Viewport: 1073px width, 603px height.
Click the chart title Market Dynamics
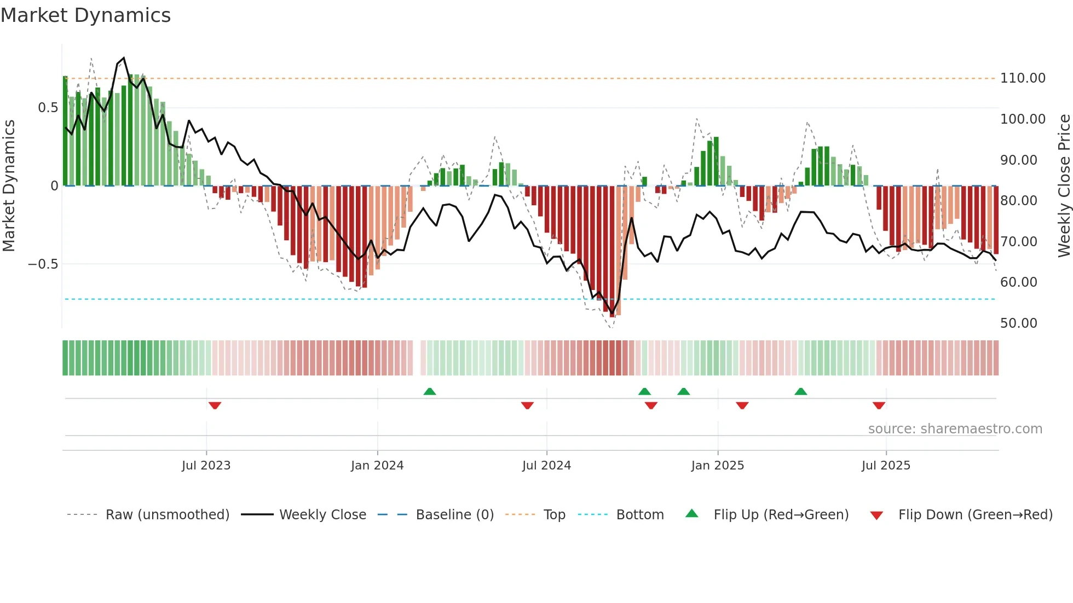[85, 15]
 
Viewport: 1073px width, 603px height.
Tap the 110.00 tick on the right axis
[1022, 78]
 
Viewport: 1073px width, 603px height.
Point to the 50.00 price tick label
[1018, 323]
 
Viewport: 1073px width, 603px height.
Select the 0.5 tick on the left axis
[48, 108]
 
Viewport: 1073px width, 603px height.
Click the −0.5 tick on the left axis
[43, 264]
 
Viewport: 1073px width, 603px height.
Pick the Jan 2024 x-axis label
[377, 466]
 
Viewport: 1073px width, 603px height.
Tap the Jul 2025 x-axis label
[885, 466]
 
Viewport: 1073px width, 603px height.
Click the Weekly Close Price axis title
[1064, 186]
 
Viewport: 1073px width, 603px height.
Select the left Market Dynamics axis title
[9, 186]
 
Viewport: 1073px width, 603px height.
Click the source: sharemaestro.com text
[955, 429]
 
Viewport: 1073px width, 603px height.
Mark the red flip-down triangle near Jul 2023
[215, 405]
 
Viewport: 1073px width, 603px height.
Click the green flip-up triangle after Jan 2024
[430, 391]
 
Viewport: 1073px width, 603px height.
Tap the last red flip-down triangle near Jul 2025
[879, 405]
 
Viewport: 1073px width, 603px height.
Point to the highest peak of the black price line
[124, 58]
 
